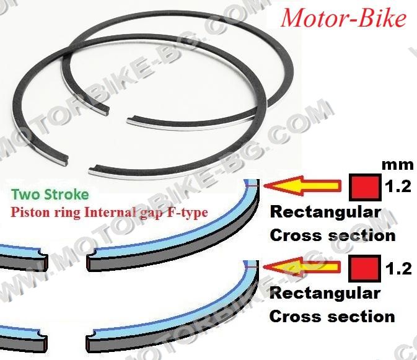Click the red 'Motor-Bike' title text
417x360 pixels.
[344, 19]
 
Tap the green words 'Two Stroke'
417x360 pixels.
[50, 195]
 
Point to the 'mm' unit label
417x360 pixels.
[398, 165]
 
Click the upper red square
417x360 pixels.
[366, 188]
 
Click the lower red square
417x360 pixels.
[364, 268]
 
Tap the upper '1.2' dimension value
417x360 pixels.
[398, 187]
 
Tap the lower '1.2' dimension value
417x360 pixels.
[398, 269]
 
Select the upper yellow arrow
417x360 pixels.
[302, 186]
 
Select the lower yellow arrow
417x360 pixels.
[302, 267]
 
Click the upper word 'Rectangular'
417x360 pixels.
[325, 213]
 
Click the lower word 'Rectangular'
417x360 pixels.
[325, 294]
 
